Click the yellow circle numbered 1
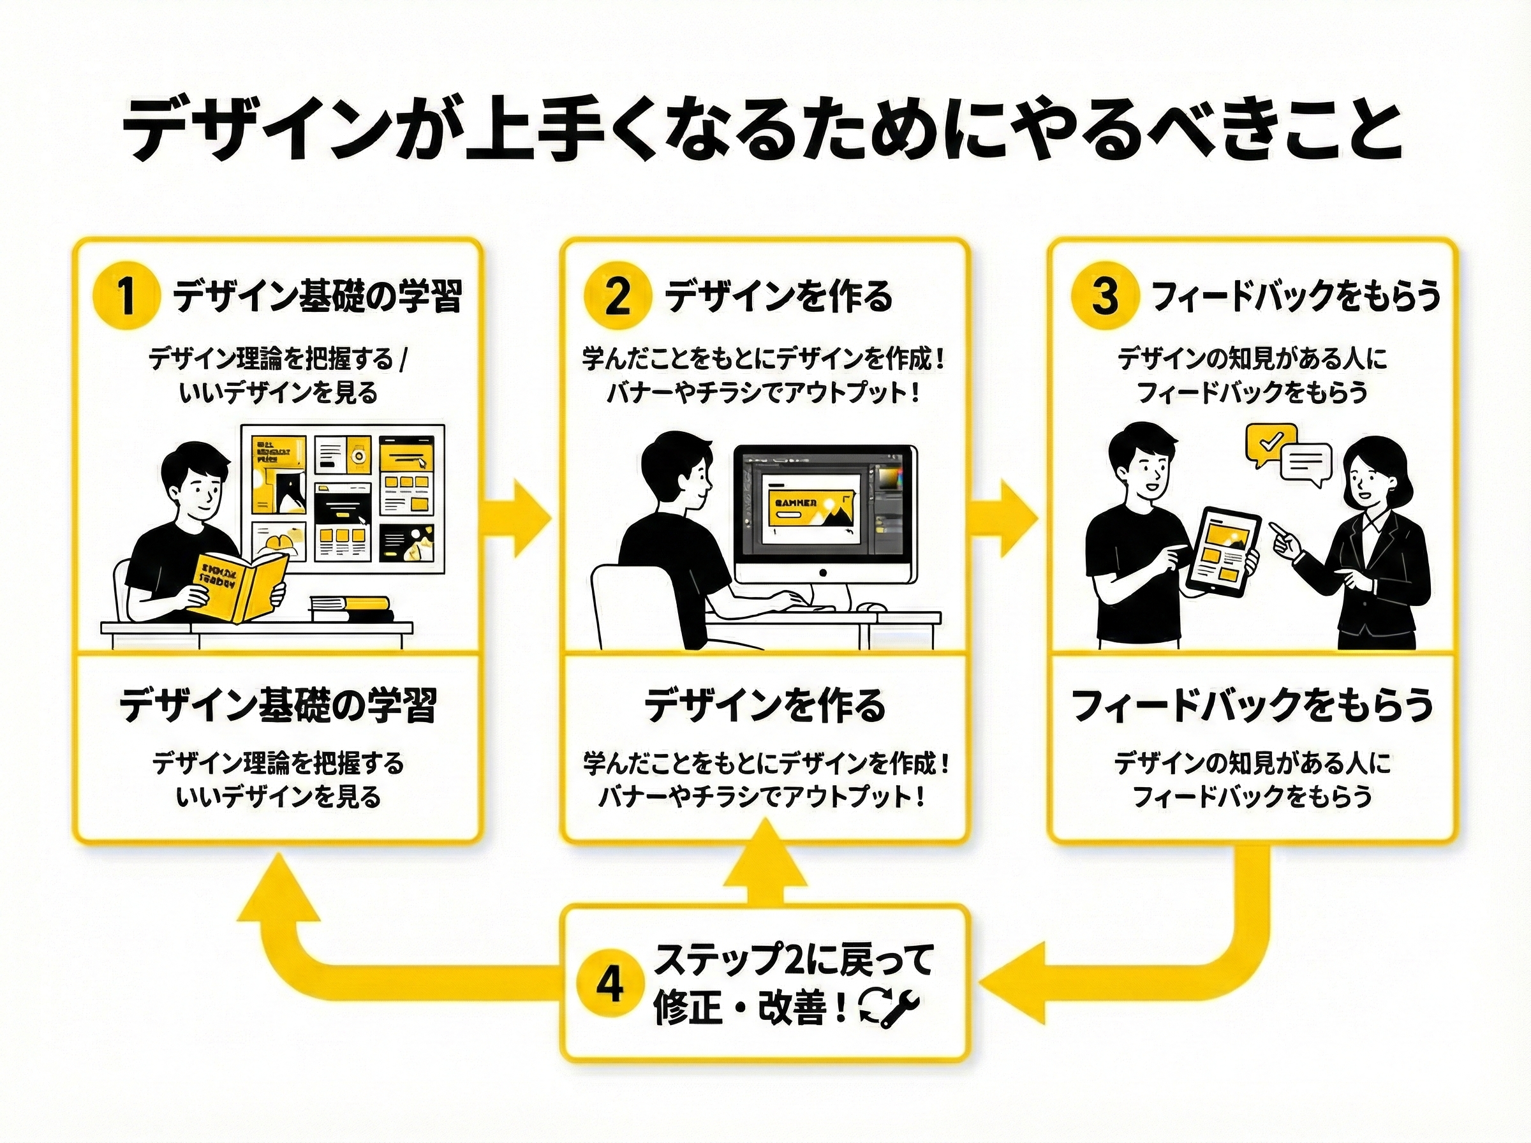[x=126, y=296]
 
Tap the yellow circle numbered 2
[x=616, y=296]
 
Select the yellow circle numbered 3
[x=1105, y=296]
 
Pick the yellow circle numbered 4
[x=609, y=984]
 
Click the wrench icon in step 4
[x=901, y=1007]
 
